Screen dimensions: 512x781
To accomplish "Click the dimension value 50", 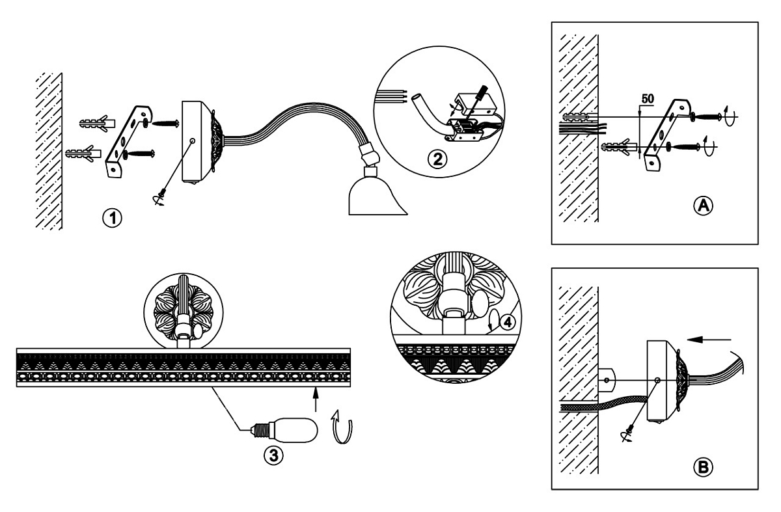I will coord(648,98).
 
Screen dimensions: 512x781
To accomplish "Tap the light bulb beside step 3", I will coord(286,430).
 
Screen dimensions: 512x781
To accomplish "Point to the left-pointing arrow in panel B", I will coord(710,338).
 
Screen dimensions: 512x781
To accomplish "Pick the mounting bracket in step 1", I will coord(129,140).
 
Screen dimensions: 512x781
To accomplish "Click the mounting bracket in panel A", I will coord(665,135).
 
